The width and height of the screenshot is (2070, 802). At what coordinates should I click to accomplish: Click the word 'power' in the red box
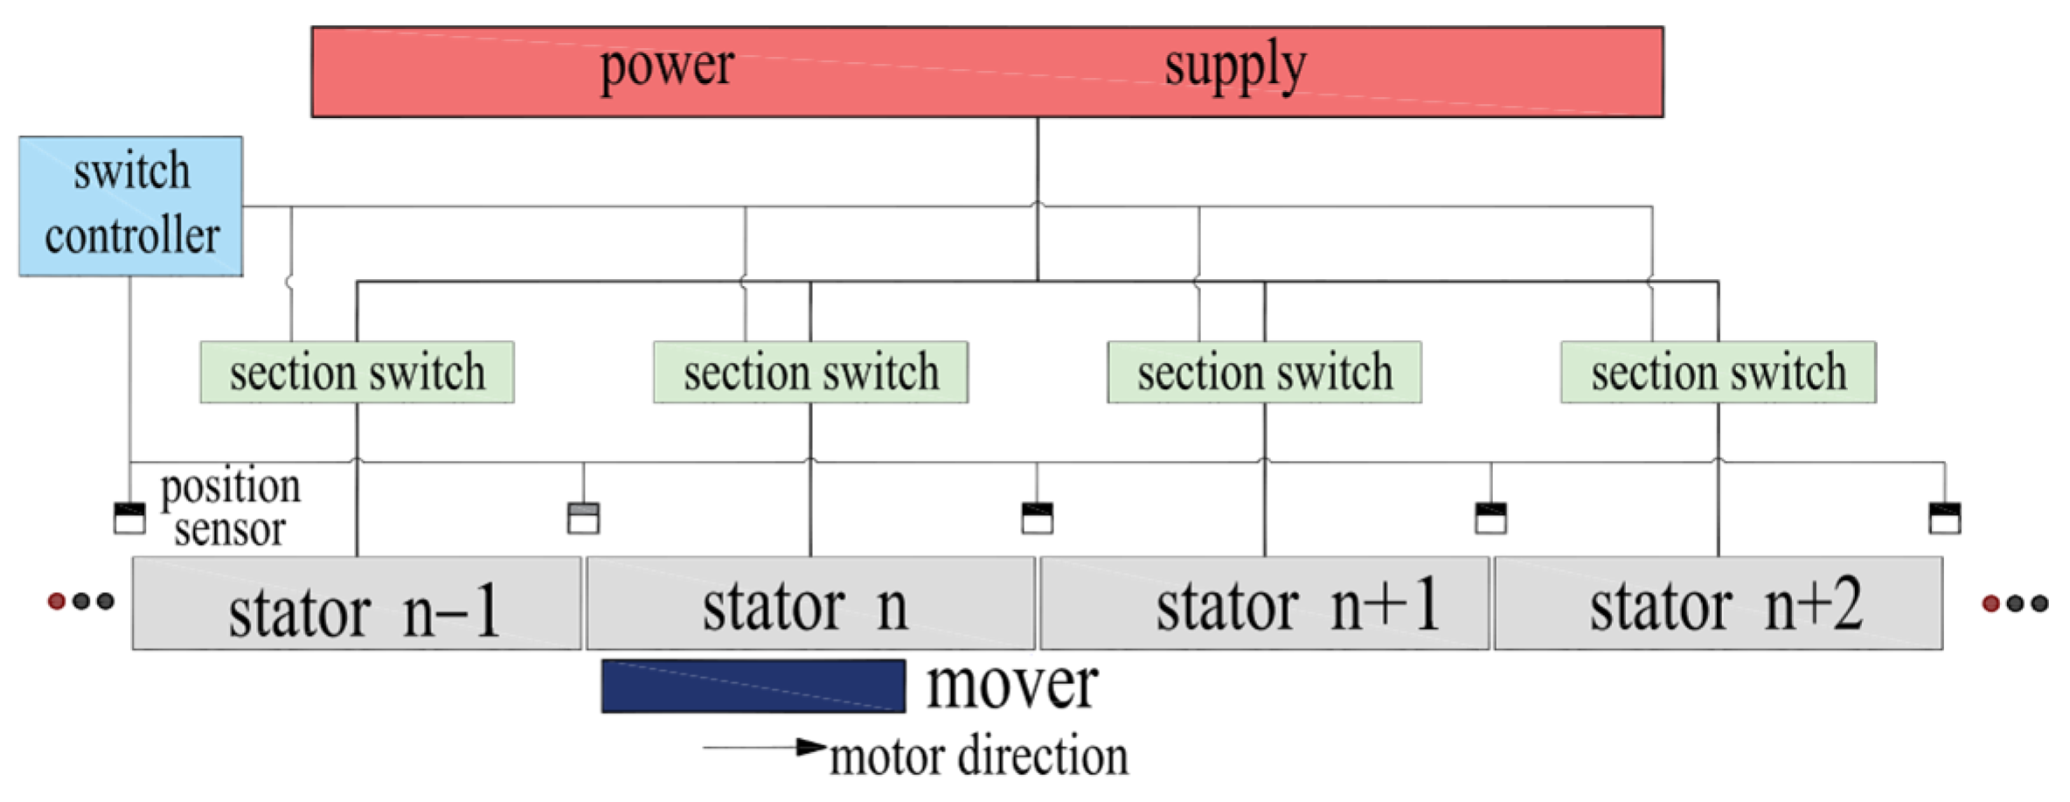coord(666,66)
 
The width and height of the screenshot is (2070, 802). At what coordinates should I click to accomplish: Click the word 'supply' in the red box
coord(1234,66)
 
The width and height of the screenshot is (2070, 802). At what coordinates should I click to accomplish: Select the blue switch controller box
coord(131,206)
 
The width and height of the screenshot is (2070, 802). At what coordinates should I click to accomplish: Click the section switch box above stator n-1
coord(357,373)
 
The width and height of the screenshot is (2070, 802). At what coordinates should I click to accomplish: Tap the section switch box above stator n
coord(810,373)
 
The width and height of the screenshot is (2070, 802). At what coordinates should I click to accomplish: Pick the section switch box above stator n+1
coord(1264,373)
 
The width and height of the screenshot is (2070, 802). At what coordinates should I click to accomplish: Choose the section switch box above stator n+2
coord(1718,373)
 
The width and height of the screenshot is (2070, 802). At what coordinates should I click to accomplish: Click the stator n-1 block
coord(357,604)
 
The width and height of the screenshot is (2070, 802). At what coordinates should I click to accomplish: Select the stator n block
coord(810,604)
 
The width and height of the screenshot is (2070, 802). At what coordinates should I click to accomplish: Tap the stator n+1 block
coord(1264,604)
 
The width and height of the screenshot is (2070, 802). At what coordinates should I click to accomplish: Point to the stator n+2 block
coord(1718,604)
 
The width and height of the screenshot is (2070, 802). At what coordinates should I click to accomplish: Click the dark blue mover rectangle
coord(753,687)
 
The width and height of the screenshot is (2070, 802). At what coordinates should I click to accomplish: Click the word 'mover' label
coord(1011,685)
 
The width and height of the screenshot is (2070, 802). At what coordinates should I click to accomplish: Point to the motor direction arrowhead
coord(812,747)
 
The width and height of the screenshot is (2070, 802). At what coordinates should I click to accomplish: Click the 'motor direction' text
coord(978,757)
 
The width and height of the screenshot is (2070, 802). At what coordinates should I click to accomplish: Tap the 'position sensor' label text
coord(230,508)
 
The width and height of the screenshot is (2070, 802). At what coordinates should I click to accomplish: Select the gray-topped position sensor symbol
coord(583,518)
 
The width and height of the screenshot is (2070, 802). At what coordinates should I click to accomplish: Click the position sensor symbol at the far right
coord(1945,518)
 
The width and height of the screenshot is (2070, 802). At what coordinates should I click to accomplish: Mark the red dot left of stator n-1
coord(57,601)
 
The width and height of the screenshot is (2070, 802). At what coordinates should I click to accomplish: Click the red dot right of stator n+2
coord(1991,603)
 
